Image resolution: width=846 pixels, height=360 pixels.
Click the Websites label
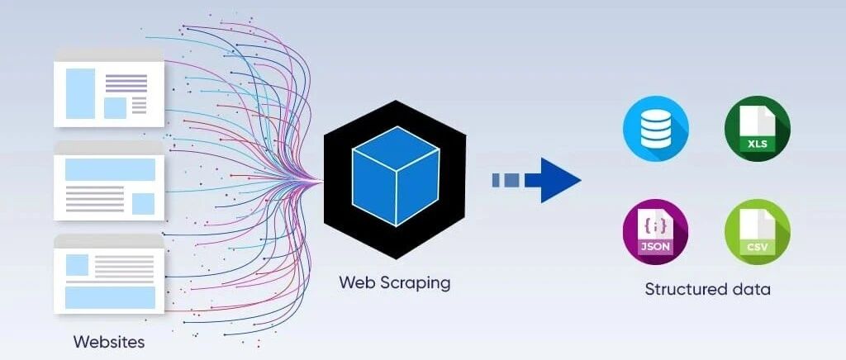108,341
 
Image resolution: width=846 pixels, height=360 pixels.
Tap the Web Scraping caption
394,282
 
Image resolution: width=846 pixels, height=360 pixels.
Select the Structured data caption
707,289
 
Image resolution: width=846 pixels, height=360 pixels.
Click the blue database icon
656,128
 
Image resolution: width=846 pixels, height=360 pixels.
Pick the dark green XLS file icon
757,128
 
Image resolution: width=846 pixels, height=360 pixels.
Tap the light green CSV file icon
757,231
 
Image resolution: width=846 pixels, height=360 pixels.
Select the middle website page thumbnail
108,182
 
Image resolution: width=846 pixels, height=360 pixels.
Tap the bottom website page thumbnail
108,274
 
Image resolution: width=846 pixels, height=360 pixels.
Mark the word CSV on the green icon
758,246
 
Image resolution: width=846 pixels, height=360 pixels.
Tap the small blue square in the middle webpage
143,203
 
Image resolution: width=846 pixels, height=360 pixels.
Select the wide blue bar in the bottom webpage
109,296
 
